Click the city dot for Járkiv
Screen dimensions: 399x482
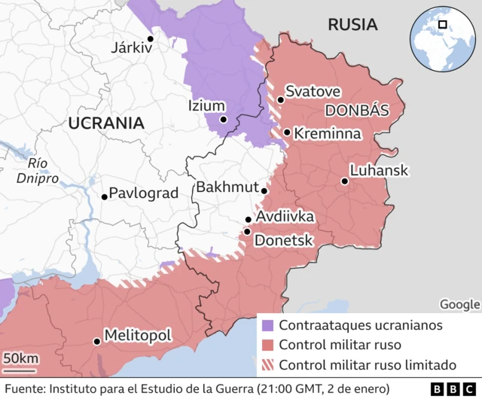[x=151, y=38]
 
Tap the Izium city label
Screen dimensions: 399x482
[x=206, y=106]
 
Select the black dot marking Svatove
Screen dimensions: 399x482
[x=280, y=99]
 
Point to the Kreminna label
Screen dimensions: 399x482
[x=327, y=133]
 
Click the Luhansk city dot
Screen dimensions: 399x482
[x=344, y=181]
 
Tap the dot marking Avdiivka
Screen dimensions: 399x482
[x=248, y=220]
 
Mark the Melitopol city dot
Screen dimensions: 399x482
[x=96, y=341]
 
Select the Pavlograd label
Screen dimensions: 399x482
[x=144, y=193]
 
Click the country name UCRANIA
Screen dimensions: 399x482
[x=105, y=123]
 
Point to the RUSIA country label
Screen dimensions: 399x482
[x=352, y=25]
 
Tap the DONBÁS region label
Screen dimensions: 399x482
[x=357, y=111]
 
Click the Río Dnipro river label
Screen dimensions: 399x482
[x=38, y=171]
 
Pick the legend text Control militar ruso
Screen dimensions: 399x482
[x=340, y=346]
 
